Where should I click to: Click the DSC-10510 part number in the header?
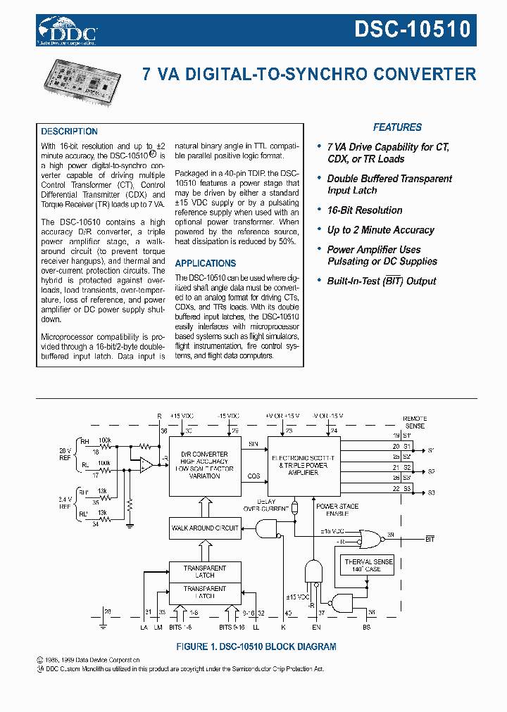(x=412, y=30)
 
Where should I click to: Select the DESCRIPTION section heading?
(x=69, y=132)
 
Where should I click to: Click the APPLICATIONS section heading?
(x=205, y=263)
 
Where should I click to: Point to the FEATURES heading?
(x=397, y=127)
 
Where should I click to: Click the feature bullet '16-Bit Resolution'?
(x=364, y=210)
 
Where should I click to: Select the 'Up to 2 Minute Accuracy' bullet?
(x=380, y=230)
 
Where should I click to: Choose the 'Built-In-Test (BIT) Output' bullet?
(x=381, y=281)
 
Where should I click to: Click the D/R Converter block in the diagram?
(x=205, y=465)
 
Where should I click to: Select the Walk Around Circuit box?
(x=205, y=528)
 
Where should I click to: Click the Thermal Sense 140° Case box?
(x=368, y=565)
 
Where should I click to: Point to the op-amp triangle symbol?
(x=146, y=464)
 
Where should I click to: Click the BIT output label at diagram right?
(x=430, y=539)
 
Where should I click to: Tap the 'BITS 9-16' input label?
(x=232, y=626)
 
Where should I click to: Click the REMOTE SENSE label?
(x=414, y=422)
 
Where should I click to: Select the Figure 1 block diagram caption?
(x=255, y=647)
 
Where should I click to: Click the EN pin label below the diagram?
(x=315, y=626)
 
